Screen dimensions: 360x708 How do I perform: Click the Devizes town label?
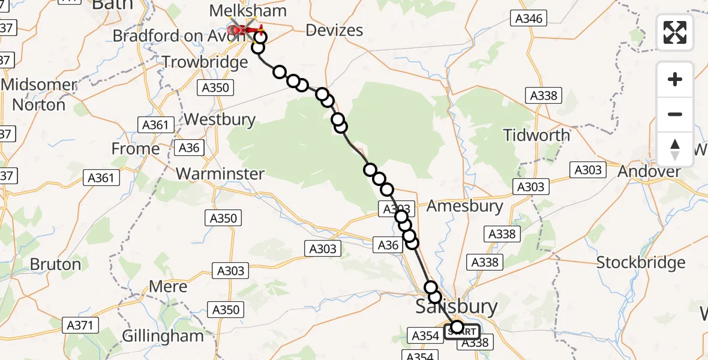pyautogui.click(x=334, y=30)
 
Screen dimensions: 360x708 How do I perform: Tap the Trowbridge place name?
pyautogui.click(x=205, y=62)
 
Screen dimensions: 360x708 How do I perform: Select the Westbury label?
pyautogui.click(x=220, y=119)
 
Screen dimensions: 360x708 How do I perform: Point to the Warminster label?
pyautogui.click(x=220, y=174)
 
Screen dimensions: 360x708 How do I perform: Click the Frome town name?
pyautogui.click(x=136, y=148)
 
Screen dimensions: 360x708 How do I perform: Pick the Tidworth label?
pyautogui.click(x=536, y=135)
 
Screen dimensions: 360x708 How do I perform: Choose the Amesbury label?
pyautogui.click(x=464, y=206)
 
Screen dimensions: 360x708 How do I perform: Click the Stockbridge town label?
pyautogui.click(x=641, y=263)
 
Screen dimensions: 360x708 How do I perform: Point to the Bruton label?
pyautogui.click(x=55, y=264)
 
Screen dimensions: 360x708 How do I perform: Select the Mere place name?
pyautogui.click(x=168, y=287)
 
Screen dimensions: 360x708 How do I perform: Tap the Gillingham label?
pyautogui.click(x=163, y=335)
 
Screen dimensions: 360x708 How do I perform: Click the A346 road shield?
pyautogui.click(x=529, y=19)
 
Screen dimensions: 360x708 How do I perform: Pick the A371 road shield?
pyautogui.click(x=80, y=325)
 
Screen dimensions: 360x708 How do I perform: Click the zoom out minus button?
pyautogui.click(x=675, y=114)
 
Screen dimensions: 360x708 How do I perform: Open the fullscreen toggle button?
pyautogui.click(x=675, y=32)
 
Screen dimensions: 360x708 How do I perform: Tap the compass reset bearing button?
pyautogui.click(x=675, y=149)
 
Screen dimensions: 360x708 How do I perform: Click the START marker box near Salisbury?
pyautogui.click(x=463, y=331)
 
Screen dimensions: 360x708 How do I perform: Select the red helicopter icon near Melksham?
pyautogui.click(x=239, y=28)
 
